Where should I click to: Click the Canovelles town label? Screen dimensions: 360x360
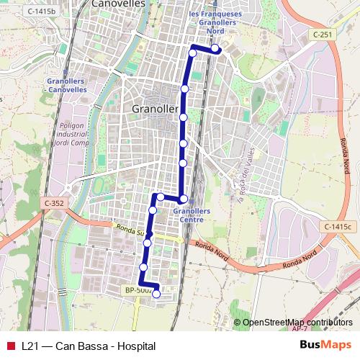(x=119, y=4)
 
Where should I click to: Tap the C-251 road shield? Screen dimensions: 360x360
(x=323, y=34)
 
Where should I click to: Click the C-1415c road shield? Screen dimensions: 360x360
(x=340, y=227)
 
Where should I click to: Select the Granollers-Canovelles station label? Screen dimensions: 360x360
(x=66, y=86)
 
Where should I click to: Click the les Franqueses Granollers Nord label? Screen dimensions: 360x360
(x=214, y=22)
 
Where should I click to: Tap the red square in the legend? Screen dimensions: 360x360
(x=10, y=346)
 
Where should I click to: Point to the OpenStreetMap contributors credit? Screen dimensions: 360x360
(x=297, y=323)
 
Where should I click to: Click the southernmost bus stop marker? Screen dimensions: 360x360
(x=156, y=294)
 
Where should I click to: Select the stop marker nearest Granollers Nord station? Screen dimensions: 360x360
(x=215, y=48)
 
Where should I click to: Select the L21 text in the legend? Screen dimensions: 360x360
(x=30, y=346)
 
